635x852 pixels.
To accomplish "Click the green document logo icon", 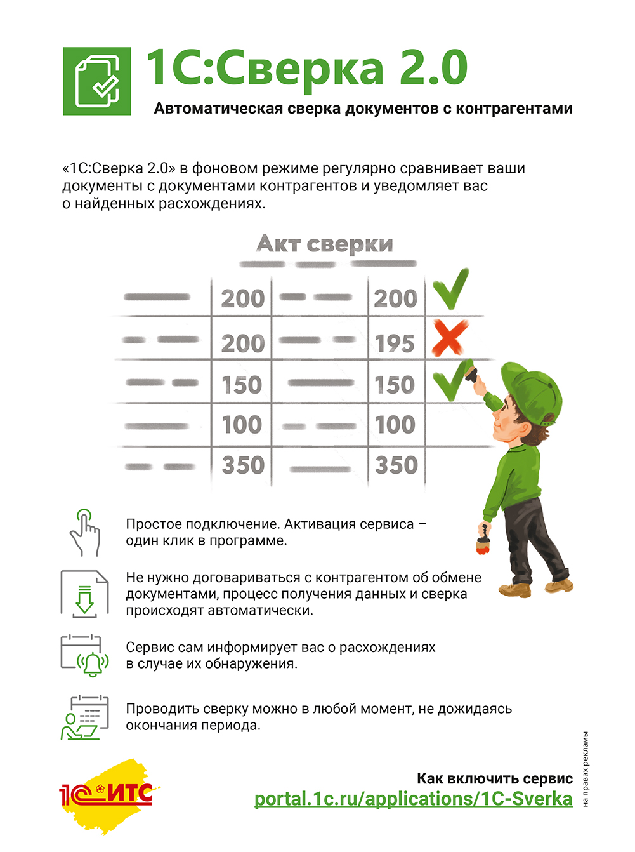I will pyautogui.click(x=97, y=81).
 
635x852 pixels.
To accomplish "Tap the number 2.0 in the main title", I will pyautogui.click(x=433, y=68).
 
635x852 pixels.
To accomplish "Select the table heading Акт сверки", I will pyautogui.click(x=325, y=244).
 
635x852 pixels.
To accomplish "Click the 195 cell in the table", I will pyautogui.click(x=395, y=343).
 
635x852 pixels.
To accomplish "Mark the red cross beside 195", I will pyautogui.click(x=450, y=338).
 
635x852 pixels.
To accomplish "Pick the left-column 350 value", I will pyautogui.click(x=243, y=465).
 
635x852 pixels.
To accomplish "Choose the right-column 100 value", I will pyautogui.click(x=395, y=425).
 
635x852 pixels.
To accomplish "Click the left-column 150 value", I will pyautogui.click(x=242, y=385).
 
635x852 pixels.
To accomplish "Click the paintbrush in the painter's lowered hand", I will pyautogui.click(x=484, y=539).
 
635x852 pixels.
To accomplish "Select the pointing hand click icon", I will pyautogui.click(x=85, y=533).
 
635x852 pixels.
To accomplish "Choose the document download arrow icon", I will pyautogui.click(x=84, y=594).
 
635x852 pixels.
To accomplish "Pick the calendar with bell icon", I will pyautogui.click(x=84, y=655).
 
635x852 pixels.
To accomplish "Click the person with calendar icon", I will pyautogui.click(x=84, y=717).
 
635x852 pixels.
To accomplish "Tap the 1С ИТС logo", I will pyautogui.click(x=107, y=794).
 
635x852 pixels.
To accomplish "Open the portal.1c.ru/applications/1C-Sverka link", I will pyautogui.click(x=413, y=799).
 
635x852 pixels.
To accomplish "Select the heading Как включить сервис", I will pyautogui.click(x=494, y=778).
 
